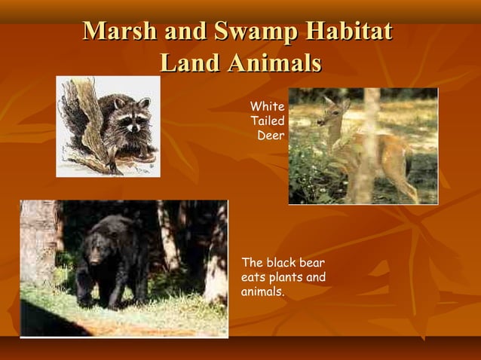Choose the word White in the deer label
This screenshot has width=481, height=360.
pyautogui.click(x=268, y=108)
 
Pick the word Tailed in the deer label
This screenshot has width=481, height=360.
pyautogui.click(x=268, y=121)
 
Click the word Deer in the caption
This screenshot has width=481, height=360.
pyautogui.click(x=271, y=136)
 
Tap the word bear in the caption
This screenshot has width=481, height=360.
pyautogui.click(x=312, y=263)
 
